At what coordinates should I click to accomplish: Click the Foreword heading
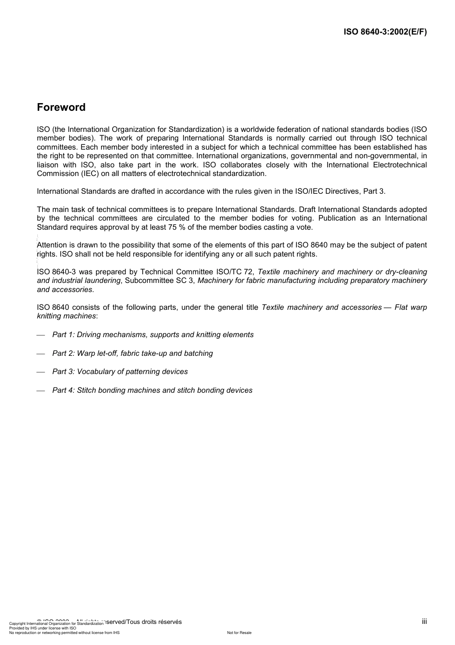pyautogui.click(x=61, y=107)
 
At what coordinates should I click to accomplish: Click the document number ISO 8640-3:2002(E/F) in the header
pyautogui.click(x=385, y=32)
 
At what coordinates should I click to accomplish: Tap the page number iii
pyautogui.click(x=424, y=622)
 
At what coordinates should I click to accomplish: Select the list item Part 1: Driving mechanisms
pyautogui.click(x=153, y=335)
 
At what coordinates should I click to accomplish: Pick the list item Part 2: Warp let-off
pyautogui.click(x=132, y=353)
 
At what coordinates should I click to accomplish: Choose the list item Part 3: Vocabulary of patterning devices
pyautogui.click(x=120, y=372)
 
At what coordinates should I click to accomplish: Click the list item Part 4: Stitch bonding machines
pyautogui.click(x=152, y=390)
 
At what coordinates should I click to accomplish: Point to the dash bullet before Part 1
pyautogui.click(x=41, y=335)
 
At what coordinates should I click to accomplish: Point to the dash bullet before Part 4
pyautogui.click(x=41, y=391)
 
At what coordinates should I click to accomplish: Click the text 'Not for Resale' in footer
pyautogui.click(x=239, y=633)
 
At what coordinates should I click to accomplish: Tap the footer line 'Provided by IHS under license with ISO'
pyautogui.click(x=43, y=628)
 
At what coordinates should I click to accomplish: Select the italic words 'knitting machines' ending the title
pyautogui.click(x=66, y=316)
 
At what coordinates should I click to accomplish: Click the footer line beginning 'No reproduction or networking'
pyautogui.click(x=64, y=633)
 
